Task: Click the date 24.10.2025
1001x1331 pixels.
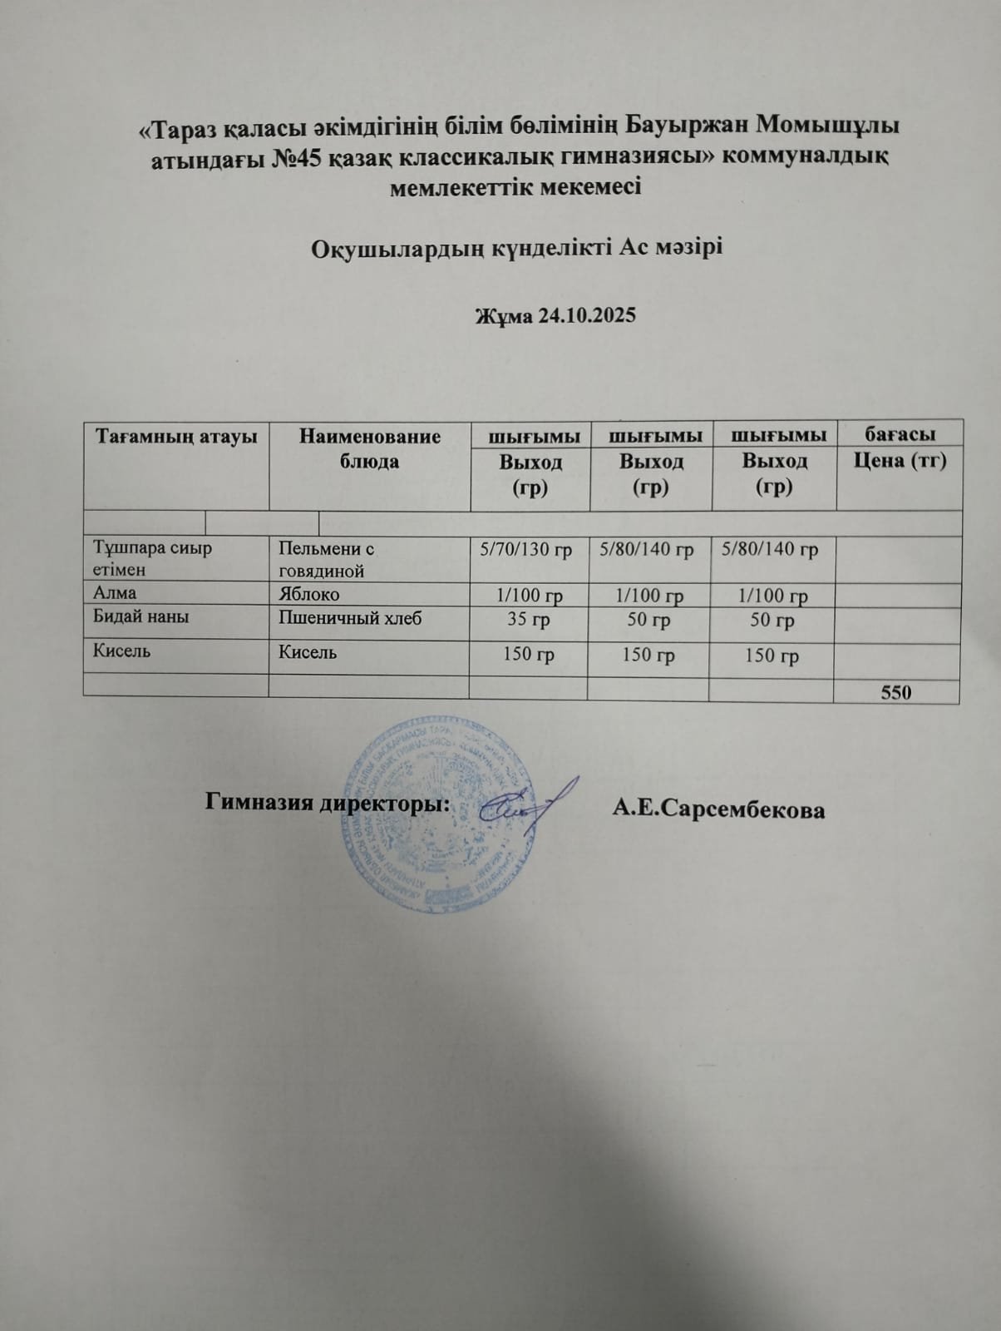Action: click(x=586, y=315)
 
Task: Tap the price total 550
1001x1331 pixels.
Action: click(x=896, y=692)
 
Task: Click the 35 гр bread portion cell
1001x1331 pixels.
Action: click(x=528, y=620)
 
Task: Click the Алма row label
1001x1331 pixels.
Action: click(x=115, y=593)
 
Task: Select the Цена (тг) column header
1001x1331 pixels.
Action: click(x=900, y=461)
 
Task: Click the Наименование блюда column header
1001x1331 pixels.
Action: click(x=370, y=448)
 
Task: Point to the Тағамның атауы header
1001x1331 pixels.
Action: click(x=176, y=436)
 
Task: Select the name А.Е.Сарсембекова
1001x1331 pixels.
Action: click(x=718, y=809)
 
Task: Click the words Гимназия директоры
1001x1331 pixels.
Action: click(x=328, y=804)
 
